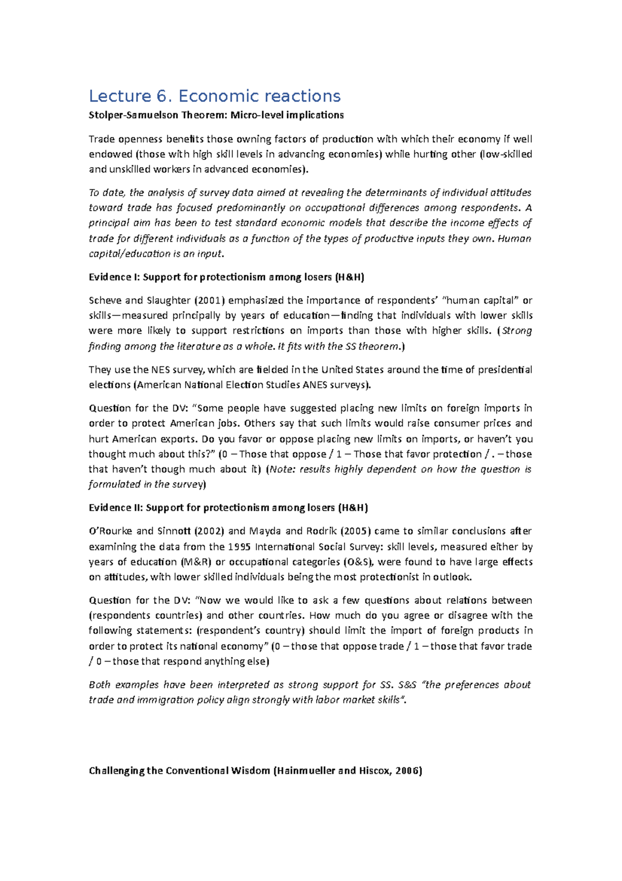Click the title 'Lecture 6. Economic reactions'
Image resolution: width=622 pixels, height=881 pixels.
click(x=215, y=96)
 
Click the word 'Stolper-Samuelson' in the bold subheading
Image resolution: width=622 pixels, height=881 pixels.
click(x=132, y=115)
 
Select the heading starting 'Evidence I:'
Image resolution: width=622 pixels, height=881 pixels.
click(x=227, y=277)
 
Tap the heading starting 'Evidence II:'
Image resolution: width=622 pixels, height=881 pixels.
click(x=228, y=507)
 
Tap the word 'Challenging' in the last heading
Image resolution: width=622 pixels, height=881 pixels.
click(x=117, y=770)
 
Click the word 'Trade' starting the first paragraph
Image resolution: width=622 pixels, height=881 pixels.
click(x=101, y=139)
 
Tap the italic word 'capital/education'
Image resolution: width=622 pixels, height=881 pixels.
click(x=122, y=254)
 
